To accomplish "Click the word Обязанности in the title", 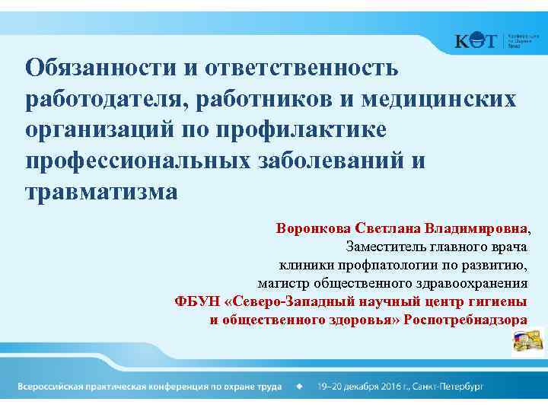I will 100,68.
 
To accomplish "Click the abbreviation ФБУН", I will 195,301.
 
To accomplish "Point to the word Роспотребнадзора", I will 465,320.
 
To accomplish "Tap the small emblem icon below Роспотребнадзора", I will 528,339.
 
